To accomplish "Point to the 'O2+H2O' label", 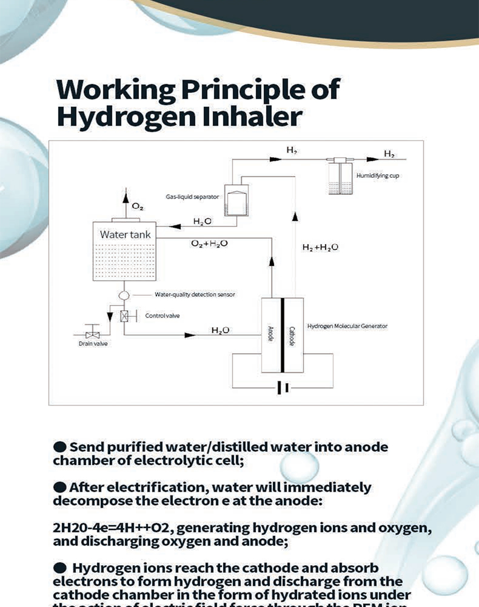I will (x=209, y=243).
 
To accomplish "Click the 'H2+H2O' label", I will (x=320, y=247).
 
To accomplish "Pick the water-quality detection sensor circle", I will (x=124, y=294).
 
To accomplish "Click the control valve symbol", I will (x=124, y=316).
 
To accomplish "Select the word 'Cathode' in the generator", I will (x=292, y=336).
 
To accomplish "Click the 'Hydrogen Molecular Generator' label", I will (x=347, y=326).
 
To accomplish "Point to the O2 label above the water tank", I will (x=138, y=207).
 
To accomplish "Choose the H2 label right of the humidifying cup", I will (x=389, y=154).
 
